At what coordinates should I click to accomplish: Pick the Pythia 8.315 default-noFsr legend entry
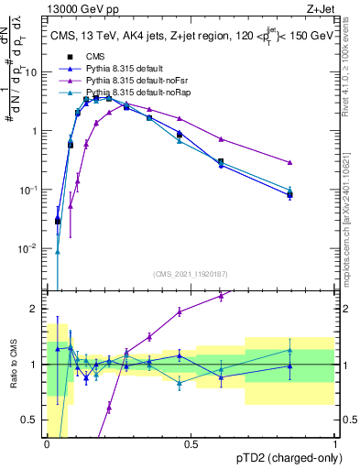pos(134,82)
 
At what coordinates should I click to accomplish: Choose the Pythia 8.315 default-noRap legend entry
pos(134,93)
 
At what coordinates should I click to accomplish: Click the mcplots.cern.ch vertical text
pos(350,215)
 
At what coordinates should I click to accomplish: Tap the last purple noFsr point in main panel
pos(289,162)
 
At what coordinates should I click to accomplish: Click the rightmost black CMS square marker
pos(289,194)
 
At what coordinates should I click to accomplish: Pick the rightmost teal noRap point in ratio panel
pos(289,350)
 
